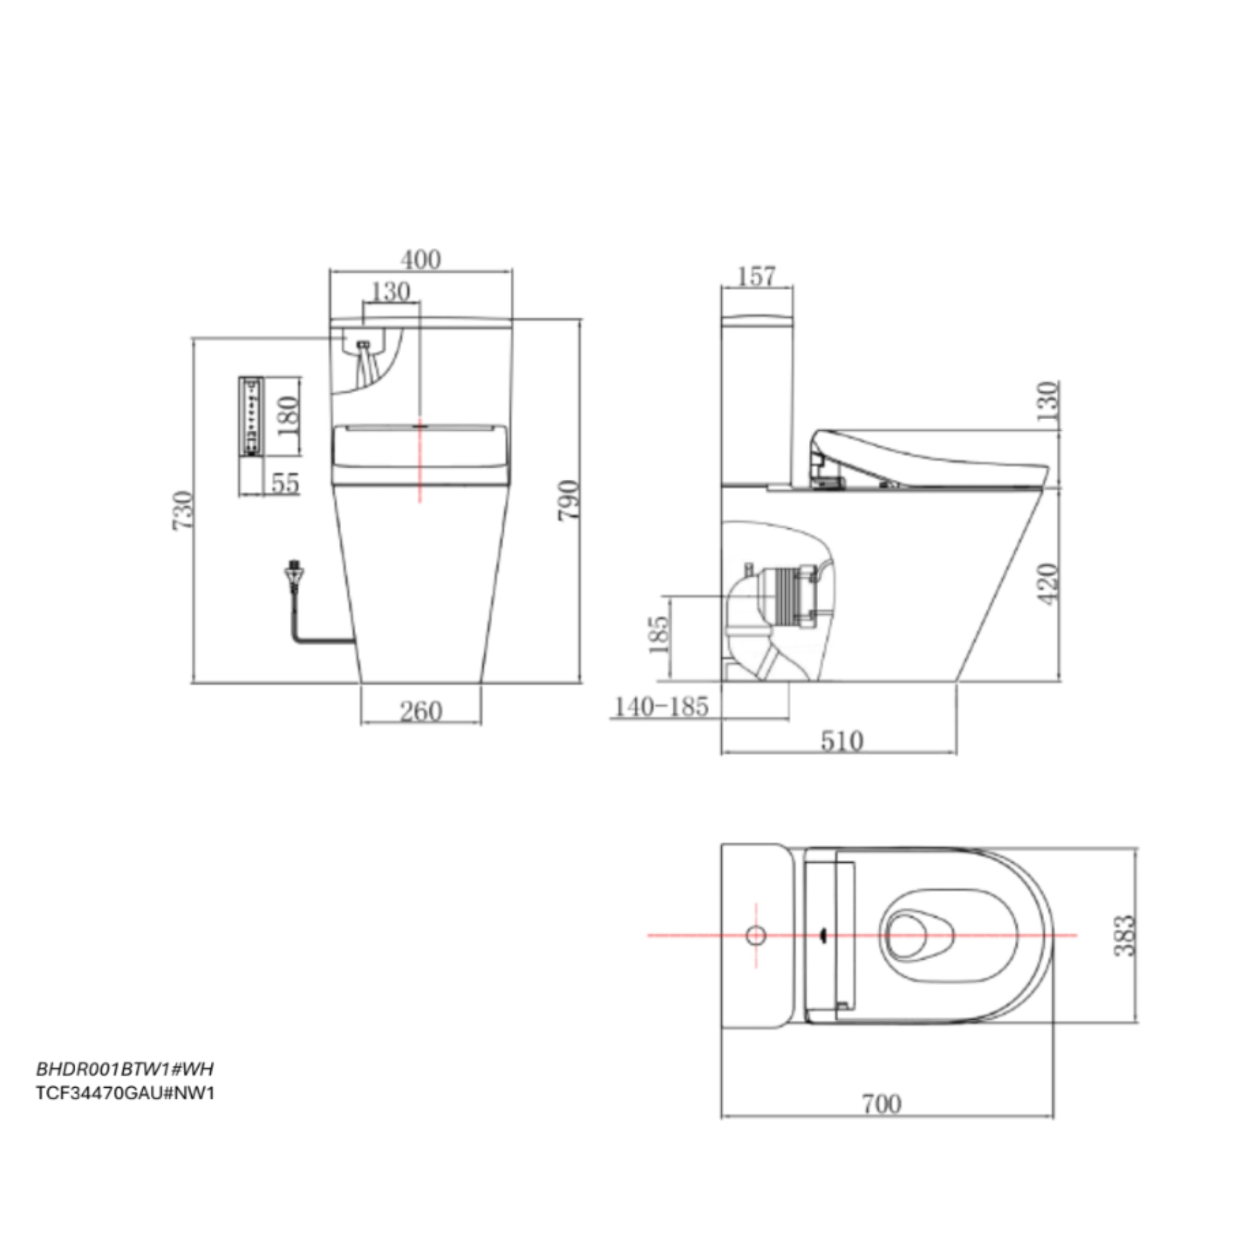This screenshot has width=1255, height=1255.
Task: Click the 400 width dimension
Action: click(420, 260)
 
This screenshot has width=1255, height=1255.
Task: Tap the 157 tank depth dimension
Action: click(757, 277)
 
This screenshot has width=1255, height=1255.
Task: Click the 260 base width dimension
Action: click(421, 711)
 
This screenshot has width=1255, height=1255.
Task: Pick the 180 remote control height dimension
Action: click(288, 416)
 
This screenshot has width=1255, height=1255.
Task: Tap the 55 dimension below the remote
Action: click(284, 483)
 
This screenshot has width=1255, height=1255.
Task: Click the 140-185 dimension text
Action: click(661, 706)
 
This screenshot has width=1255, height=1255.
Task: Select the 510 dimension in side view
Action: click(842, 740)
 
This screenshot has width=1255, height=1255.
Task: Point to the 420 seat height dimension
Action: click(1048, 585)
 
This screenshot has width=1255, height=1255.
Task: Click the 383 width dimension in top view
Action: click(1125, 936)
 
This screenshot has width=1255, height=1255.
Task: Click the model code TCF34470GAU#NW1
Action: click(126, 1093)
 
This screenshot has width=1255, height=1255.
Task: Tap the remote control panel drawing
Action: click(251, 416)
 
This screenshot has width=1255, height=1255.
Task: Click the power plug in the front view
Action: click(295, 575)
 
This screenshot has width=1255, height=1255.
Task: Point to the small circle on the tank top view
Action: click(756, 935)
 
